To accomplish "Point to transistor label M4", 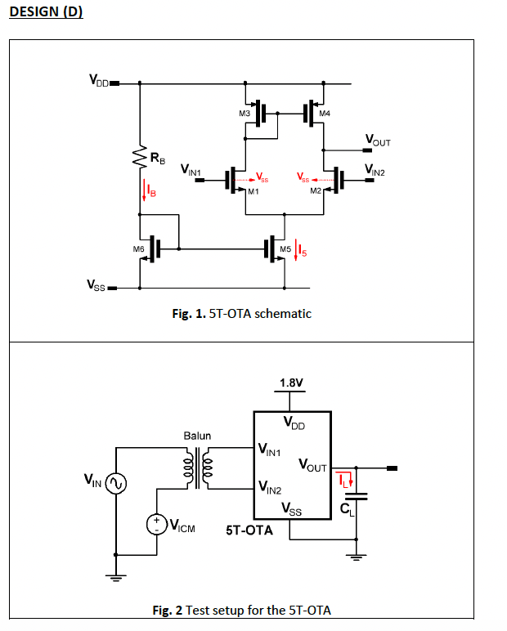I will (x=325, y=112).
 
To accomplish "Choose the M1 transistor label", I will (x=253, y=191).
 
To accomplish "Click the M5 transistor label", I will (x=285, y=248).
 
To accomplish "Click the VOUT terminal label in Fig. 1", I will (x=377, y=141).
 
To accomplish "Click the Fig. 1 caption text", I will (x=241, y=313).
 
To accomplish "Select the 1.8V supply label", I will (x=291, y=383).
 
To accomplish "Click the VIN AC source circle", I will (x=115, y=484).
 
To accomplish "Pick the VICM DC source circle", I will (x=155, y=524).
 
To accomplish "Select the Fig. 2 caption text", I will (x=241, y=610).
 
